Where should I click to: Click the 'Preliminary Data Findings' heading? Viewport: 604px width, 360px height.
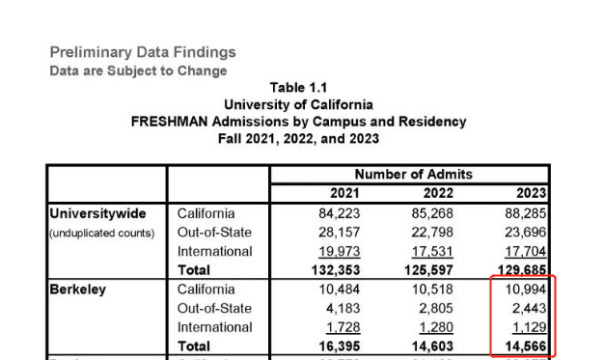tap(142, 52)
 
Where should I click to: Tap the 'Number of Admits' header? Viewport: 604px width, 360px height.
tap(412, 175)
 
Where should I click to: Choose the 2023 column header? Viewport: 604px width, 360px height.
tap(528, 194)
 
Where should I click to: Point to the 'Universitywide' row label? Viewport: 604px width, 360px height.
tap(99, 213)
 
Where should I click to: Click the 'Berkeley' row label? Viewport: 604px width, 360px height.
tap(78, 290)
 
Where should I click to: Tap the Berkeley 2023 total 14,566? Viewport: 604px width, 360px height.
tap(523, 346)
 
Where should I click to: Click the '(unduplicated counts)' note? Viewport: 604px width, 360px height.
tap(102, 233)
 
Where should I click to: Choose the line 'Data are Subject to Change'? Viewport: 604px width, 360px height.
tap(138, 70)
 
